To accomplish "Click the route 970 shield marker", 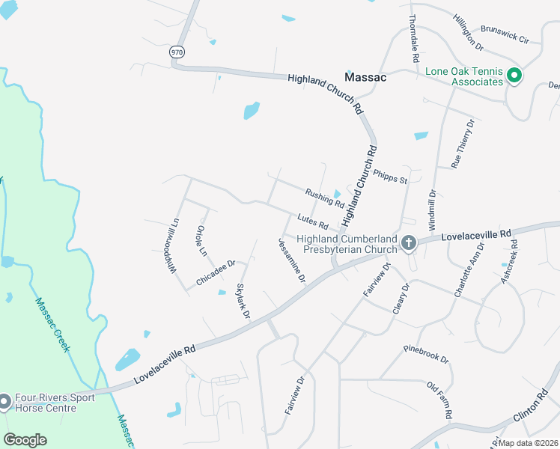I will (177, 52).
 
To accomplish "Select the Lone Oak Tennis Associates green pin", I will (514, 76).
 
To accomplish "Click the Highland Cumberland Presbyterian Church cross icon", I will (408, 243).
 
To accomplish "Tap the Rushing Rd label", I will (324, 198).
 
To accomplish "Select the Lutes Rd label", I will (312, 222).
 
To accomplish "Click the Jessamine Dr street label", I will (292, 260).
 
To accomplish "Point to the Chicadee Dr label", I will (216, 272).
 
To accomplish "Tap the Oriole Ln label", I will (201, 241).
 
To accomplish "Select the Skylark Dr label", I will (243, 301).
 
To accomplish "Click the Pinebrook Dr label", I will (425, 355).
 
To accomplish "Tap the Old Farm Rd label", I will (439, 400).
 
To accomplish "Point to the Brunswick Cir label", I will (505, 36).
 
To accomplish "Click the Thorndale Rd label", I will (413, 39).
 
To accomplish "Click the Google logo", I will (25, 439).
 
